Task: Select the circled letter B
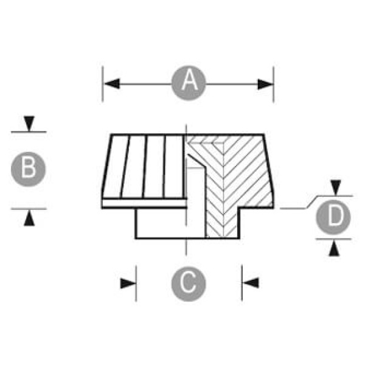[29, 169]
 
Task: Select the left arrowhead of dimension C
[128, 283]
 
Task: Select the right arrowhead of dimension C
[250, 283]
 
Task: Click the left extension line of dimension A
[103, 85]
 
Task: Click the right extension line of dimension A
[273, 85]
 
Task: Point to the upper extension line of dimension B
[29, 131]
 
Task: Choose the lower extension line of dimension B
[29, 208]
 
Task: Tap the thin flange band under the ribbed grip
[143, 203]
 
